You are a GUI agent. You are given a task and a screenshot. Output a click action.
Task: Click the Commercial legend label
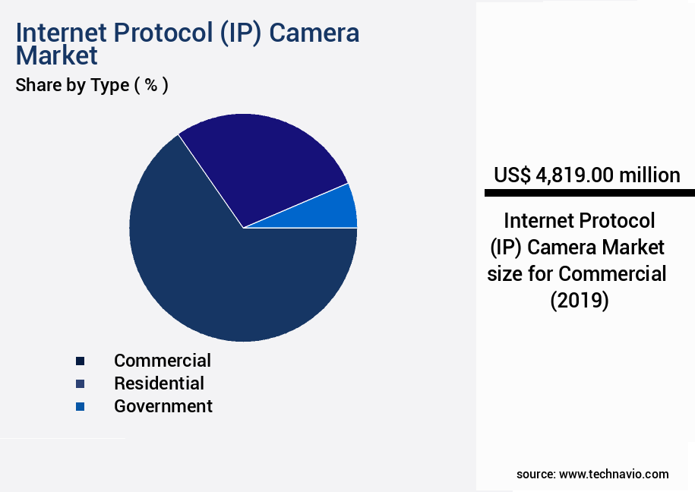pos(163,360)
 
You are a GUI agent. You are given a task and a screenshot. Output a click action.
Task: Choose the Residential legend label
pos(159,383)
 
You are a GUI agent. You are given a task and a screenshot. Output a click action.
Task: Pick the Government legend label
pos(163,406)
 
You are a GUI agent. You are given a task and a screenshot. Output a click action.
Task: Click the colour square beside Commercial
pos(81,361)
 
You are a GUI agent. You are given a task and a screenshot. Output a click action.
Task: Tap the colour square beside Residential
pos(81,383)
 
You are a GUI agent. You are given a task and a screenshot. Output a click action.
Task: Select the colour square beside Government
pos(81,407)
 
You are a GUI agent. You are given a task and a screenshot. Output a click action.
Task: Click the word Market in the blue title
pos(57,55)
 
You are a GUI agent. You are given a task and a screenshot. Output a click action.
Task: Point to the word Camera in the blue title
pos(314,33)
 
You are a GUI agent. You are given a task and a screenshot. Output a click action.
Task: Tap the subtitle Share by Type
pos(72,85)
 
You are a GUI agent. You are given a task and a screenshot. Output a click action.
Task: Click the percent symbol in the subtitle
pos(152,85)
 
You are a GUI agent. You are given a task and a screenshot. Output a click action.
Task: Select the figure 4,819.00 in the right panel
pos(574,175)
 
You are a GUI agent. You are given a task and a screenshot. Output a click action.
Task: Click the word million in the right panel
pos(649,175)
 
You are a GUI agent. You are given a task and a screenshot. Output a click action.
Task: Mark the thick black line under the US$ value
pos(589,194)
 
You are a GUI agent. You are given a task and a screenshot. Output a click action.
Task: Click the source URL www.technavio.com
pos(614,474)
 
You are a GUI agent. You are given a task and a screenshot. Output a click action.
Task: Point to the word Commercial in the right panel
pos(613,273)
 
